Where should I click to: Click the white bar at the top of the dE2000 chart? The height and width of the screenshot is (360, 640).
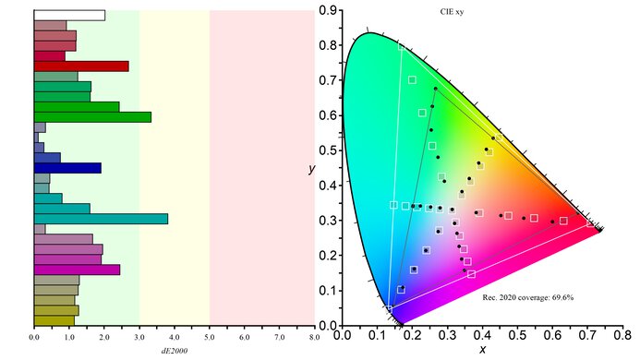point(69,15)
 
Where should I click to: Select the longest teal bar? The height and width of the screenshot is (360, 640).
point(101,219)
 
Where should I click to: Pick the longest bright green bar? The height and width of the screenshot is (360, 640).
point(92,117)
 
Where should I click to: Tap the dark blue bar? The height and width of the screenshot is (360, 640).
point(67,168)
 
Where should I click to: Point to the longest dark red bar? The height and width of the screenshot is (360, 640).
point(81,66)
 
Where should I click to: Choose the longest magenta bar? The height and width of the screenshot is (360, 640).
point(77,270)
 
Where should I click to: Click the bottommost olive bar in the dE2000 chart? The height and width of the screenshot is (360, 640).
point(54,320)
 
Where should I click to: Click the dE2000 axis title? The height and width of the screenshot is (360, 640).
point(175,350)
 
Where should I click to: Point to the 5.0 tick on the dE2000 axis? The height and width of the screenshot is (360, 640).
point(210,338)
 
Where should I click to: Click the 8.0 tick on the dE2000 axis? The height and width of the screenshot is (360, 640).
point(314,338)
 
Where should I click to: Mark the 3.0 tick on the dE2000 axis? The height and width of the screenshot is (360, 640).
point(139,338)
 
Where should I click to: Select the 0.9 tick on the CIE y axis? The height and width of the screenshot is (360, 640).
point(327,11)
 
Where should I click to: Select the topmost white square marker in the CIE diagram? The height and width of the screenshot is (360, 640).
point(412,79)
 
